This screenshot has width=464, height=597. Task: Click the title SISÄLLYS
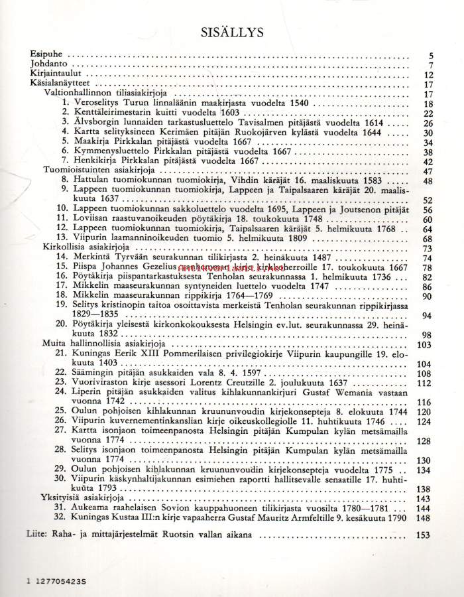click(x=232, y=31)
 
